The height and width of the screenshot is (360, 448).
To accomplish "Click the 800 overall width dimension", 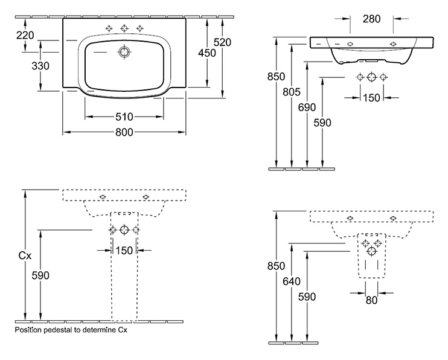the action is pos(124,132).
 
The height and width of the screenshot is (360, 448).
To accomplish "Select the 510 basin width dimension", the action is pos(124,117).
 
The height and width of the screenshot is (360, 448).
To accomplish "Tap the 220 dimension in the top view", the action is pos(25,35).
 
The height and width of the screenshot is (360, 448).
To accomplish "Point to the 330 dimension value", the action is pos(40,66).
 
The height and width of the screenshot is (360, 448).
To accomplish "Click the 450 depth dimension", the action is pos(207,53).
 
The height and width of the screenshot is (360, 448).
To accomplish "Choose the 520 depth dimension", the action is pos(223,42).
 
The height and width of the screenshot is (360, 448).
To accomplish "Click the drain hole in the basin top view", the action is pos(124,52).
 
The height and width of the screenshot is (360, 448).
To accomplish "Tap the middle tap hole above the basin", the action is pos(124,28).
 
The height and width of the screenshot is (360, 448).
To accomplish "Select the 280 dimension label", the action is pos(372,19).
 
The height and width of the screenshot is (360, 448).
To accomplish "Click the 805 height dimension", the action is pos(292,92).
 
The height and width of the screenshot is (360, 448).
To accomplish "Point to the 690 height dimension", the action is pos(307,108).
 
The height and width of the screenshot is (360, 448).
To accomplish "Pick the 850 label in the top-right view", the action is pos(277,76).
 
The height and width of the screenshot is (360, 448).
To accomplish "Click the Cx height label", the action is pos(25,256).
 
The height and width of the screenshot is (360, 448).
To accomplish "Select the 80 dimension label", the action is pos(372,300).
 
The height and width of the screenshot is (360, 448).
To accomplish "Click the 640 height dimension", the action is pos(292,281).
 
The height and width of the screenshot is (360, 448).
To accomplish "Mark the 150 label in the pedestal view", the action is pos(124,251).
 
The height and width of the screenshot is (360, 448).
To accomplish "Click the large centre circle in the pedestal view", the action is pos(124,230).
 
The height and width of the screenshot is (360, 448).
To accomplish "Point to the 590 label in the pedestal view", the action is pos(40,275).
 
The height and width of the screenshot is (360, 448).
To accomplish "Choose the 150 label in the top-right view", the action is pos(372,98).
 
